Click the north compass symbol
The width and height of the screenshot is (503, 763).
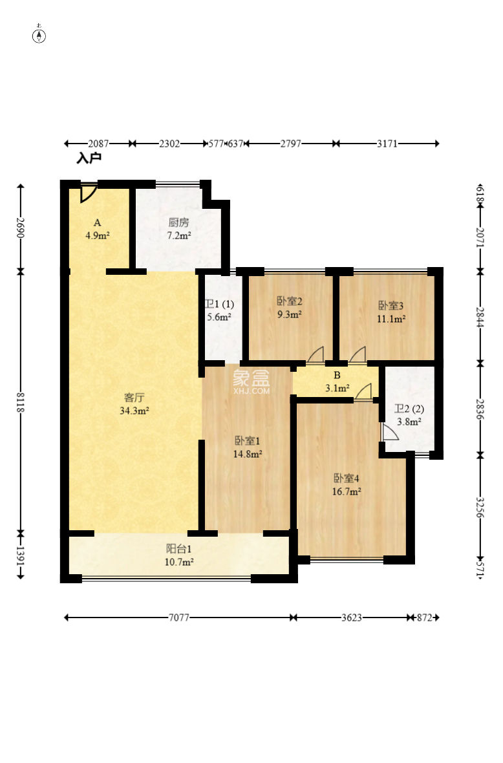tap(39, 35)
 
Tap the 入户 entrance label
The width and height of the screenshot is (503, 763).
tap(89, 158)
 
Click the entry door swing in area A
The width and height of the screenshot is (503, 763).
tap(88, 193)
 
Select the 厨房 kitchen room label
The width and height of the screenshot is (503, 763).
tap(178, 222)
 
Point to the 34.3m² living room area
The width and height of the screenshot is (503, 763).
tap(134, 411)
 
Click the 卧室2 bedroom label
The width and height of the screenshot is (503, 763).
tap(290, 301)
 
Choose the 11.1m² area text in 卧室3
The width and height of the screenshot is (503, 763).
tap(391, 319)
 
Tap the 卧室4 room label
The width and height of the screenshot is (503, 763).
tap(347, 478)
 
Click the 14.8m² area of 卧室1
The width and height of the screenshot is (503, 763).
tap(248, 454)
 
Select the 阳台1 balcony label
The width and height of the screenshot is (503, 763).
tap(179, 549)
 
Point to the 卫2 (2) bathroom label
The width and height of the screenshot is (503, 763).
tap(409, 409)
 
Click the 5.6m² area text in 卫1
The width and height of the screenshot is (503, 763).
tap(219, 317)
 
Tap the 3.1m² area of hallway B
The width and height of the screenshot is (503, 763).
tap(337, 389)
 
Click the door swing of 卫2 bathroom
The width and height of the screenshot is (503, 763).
tap(390, 432)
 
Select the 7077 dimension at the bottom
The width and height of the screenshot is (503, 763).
tap(178, 618)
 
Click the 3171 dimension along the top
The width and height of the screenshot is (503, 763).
tap(387, 144)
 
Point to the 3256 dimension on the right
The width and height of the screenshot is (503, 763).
tap(480, 507)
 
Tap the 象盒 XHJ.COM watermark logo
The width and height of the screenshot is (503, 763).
tap(251, 381)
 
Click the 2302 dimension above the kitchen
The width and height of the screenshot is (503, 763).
tap(169, 144)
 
